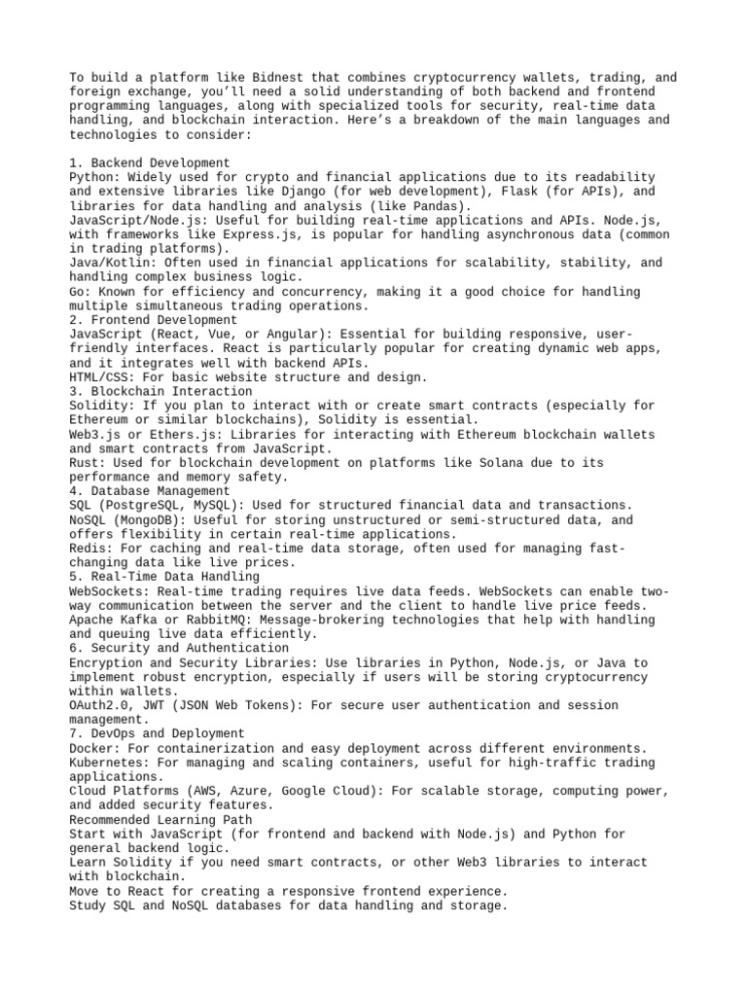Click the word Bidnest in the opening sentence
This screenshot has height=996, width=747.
(x=273, y=78)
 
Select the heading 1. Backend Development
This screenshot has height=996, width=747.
(x=150, y=162)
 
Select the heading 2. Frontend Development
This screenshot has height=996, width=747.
(x=154, y=320)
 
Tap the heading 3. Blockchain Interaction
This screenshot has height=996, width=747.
(x=160, y=391)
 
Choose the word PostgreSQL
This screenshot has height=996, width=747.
(x=146, y=506)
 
